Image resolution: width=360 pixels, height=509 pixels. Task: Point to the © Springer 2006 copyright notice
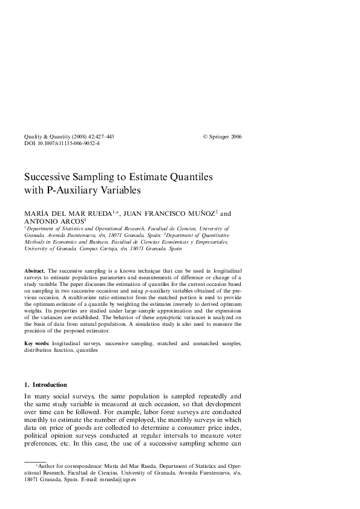(222, 137)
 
